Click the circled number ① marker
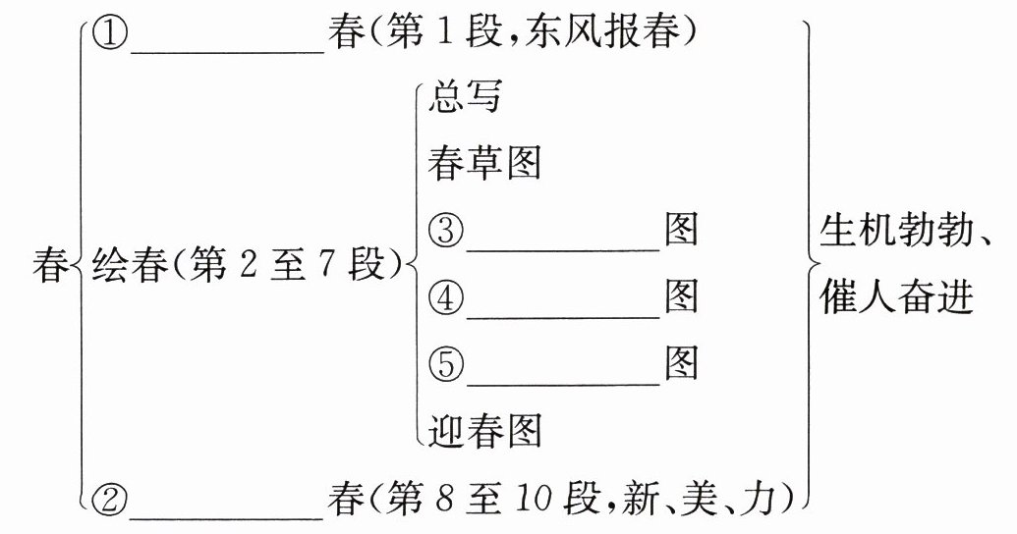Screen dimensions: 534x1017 (110, 35)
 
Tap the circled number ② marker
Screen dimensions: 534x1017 (110, 500)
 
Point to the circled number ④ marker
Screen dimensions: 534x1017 (446, 297)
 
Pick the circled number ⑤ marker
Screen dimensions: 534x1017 (446, 364)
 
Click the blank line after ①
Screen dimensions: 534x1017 (226, 49)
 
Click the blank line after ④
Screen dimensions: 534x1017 (563, 312)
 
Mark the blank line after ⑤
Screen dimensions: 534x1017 (563, 379)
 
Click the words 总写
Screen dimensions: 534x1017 (465, 97)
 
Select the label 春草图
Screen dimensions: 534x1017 (484, 164)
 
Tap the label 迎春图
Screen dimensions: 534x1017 (484, 430)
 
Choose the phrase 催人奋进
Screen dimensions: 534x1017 (895, 297)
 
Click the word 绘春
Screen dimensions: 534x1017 (128, 265)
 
